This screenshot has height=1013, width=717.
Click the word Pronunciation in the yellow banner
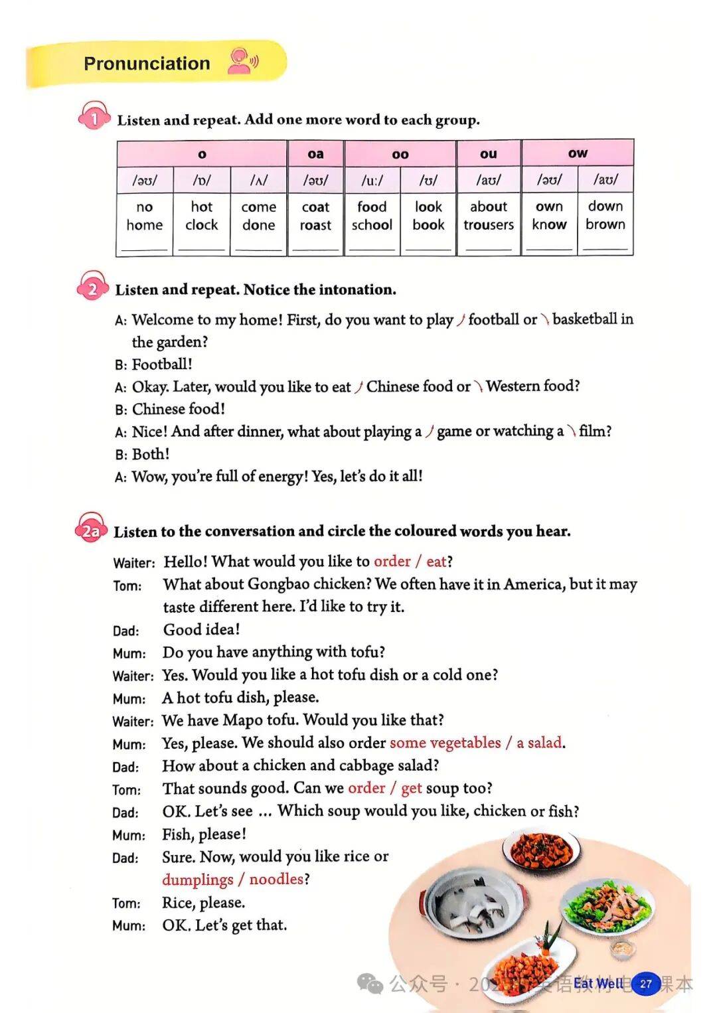pos(147,64)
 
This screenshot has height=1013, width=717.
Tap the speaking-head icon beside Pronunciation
pos(242,61)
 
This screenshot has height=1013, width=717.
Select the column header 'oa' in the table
pos(315,154)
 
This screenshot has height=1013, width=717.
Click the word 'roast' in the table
pos(315,225)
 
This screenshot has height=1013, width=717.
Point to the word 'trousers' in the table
pos(489,225)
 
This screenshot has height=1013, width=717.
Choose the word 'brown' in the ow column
pos(605,224)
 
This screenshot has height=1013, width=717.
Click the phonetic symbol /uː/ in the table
pos(372,180)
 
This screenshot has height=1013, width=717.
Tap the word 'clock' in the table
pos(202,225)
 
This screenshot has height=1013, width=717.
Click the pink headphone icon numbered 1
pos(94,118)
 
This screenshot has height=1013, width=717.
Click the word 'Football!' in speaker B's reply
pos(162,364)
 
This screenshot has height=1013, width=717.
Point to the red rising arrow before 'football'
pos(461,320)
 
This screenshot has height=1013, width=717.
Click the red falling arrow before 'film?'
pos(571,432)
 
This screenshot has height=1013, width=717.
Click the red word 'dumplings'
pos(197,880)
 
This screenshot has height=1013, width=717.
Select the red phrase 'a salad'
pos(539,743)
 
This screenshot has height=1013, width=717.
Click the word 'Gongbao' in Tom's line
pos(278,584)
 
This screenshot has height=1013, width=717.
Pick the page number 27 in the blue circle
pos(645,984)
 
